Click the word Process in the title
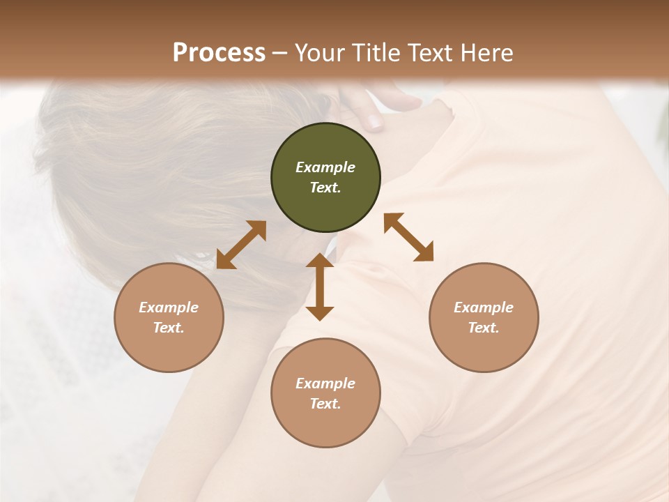tap(219, 53)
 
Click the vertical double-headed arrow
tap(320, 287)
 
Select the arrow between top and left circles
tap(241, 245)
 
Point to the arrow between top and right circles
tap(408, 237)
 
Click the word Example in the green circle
tap(325, 167)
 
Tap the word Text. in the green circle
tap(325, 188)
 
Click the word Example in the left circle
tap(169, 307)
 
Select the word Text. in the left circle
tap(169, 328)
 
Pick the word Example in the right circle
tap(484, 307)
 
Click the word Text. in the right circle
tap(484, 328)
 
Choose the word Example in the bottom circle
tap(325, 383)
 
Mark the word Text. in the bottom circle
tap(325, 404)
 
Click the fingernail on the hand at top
tap(375, 123)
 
